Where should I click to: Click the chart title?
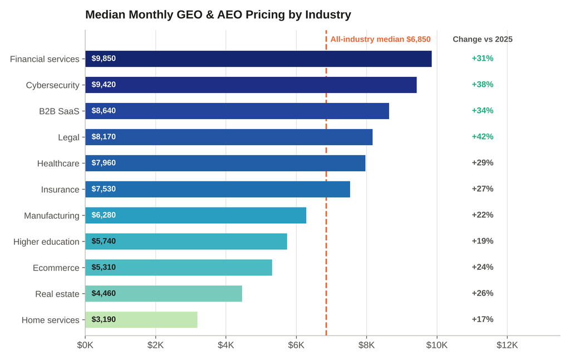(218, 14)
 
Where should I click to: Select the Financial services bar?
(258, 59)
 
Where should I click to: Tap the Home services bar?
(141, 320)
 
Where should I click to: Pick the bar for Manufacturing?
(195, 215)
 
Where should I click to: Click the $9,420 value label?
(104, 85)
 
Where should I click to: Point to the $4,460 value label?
(104, 294)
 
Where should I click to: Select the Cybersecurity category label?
(53, 85)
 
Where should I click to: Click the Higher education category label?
(46, 242)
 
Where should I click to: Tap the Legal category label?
(68, 137)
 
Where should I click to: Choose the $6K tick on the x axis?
(296, 345)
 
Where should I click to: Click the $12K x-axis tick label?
(507, 345)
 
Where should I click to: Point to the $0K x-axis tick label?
(85, 345)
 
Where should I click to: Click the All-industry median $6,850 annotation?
(380, 40)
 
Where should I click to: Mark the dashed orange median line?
(326, 183)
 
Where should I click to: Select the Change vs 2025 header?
(483, 40)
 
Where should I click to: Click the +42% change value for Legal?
(483, 136)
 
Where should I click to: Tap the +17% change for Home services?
(483, 319)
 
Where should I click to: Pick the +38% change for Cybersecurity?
(483, 85)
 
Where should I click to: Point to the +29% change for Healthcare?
(483, 162)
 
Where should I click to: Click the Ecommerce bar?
(179, 268)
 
